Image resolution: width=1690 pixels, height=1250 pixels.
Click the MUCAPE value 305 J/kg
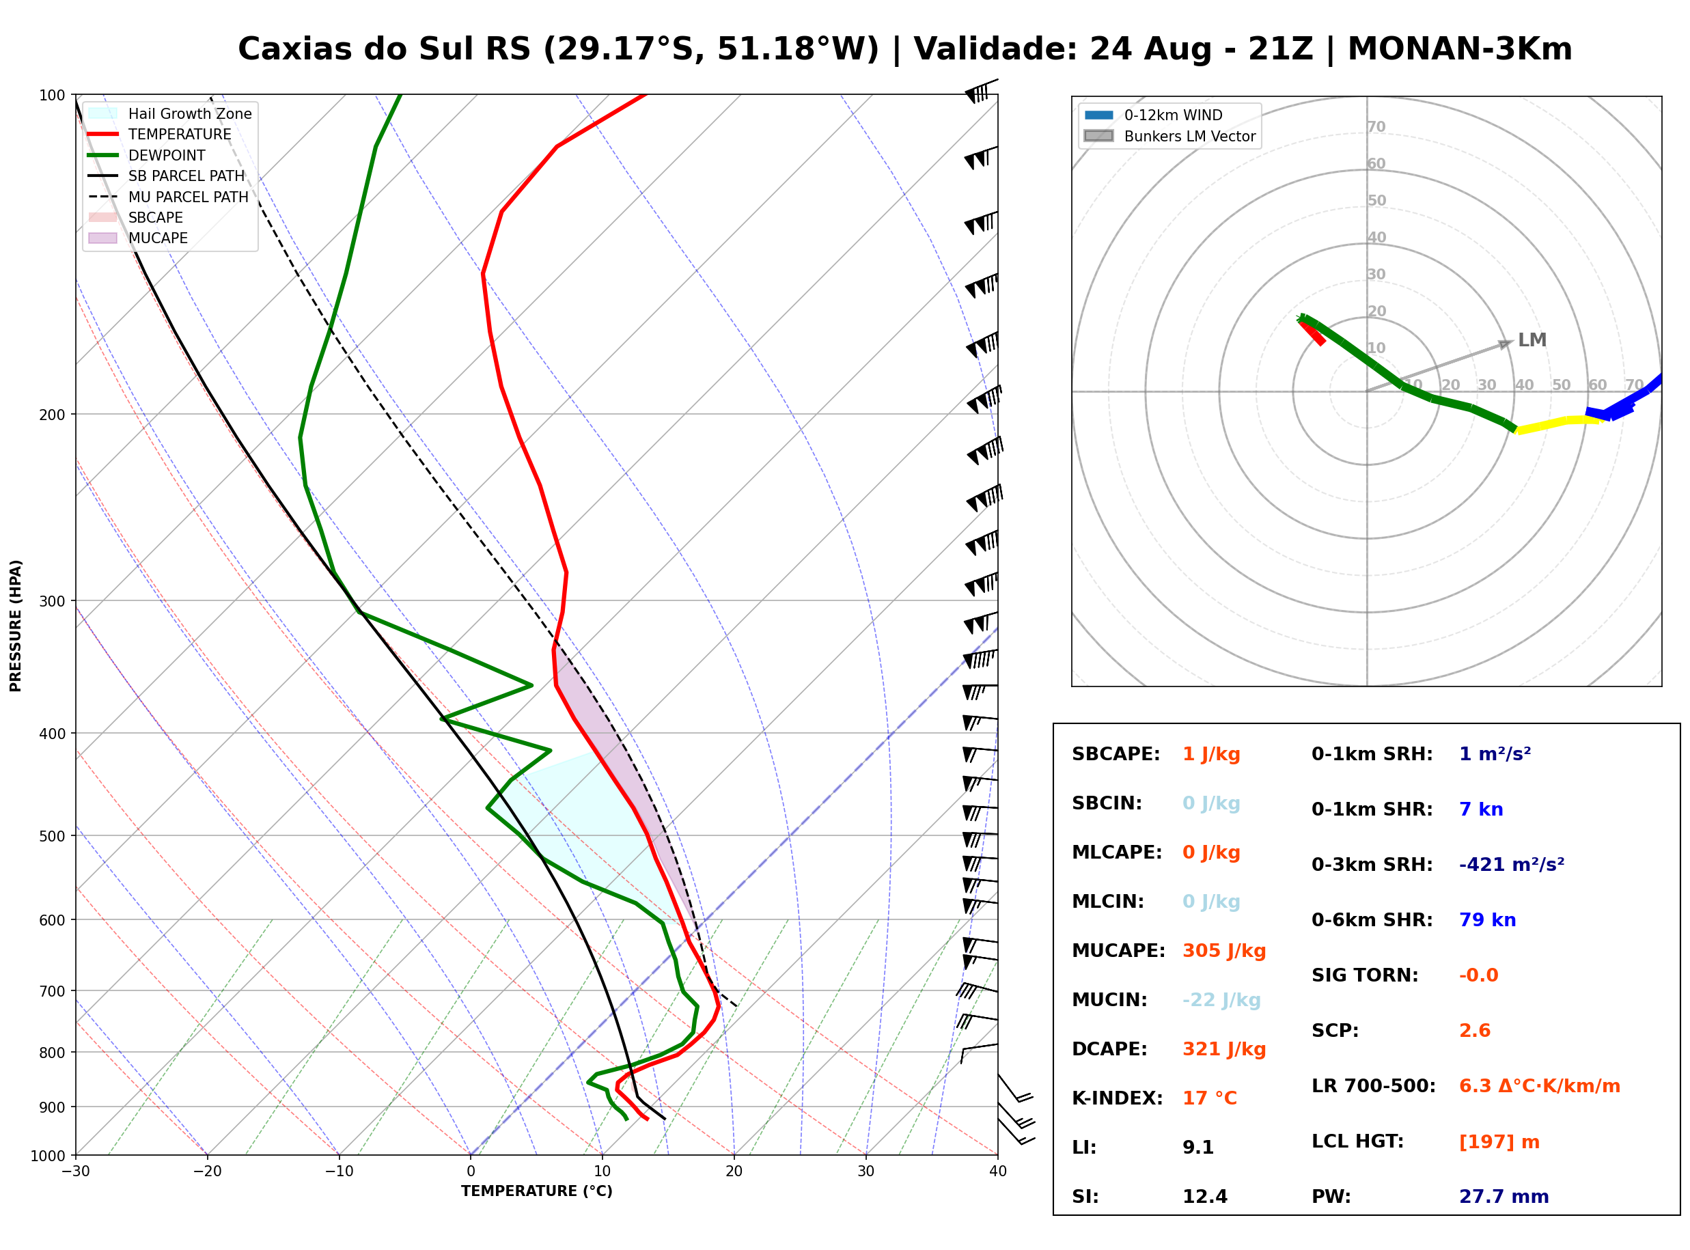click(1224, 951)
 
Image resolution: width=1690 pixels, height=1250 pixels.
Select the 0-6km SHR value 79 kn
click(1487, 920)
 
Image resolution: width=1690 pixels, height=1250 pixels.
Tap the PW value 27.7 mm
click(1504, 1197)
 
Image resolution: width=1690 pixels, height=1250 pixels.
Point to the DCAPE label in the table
click(1109, 1049)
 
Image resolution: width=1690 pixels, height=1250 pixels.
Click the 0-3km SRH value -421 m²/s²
click(1512, 864)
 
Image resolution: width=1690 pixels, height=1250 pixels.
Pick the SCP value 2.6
click(1474, 1031)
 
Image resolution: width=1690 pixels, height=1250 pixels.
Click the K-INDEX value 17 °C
click(1210, 1098)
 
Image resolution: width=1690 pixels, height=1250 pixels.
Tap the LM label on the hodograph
click(1533, 340)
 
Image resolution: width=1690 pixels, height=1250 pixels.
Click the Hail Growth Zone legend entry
click(170, 113)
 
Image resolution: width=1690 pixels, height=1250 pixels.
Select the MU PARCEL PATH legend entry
click(169, 197)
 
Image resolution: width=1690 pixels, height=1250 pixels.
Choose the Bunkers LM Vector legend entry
click(1169, 136)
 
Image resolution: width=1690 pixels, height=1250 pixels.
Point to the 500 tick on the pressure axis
click(52, 836)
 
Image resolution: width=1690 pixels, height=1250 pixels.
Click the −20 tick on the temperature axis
click(207, 1171)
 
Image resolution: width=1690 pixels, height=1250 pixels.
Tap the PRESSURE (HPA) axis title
click(15, 626)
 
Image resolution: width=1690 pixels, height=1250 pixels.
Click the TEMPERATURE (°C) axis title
click(537, 1191)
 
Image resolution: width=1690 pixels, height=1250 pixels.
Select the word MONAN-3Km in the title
click(1460, 49)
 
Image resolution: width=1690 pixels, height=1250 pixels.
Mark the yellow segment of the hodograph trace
click(1557, 424)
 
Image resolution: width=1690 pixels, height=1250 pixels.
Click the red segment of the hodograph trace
click(1312, 331)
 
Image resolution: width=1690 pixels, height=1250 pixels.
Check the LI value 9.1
click(1198, 1148)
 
